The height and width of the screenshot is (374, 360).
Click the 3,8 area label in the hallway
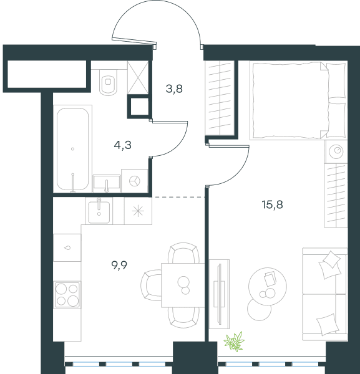174,89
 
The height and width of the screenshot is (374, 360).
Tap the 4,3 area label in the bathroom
123,145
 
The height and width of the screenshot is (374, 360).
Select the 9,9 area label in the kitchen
119,265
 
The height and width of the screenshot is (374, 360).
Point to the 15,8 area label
273,204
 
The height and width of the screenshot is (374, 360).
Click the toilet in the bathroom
109,82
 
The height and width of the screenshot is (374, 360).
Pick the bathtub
73,149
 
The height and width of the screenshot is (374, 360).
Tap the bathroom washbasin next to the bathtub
107,183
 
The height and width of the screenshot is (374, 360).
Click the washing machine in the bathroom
135,181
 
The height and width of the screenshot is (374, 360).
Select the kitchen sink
99,212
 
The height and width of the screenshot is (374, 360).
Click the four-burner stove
67,295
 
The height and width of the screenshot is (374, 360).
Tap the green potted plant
234,342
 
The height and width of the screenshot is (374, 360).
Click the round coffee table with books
268,286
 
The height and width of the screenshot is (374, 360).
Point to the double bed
298,100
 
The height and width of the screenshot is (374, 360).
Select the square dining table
183,285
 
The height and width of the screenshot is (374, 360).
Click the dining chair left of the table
151,285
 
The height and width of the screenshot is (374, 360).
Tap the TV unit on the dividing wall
219,294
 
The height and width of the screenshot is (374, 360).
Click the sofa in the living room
324,294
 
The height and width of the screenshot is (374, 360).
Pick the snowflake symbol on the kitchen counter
139,211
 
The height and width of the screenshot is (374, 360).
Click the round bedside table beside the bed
336,151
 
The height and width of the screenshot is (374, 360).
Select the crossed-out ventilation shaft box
138,78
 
